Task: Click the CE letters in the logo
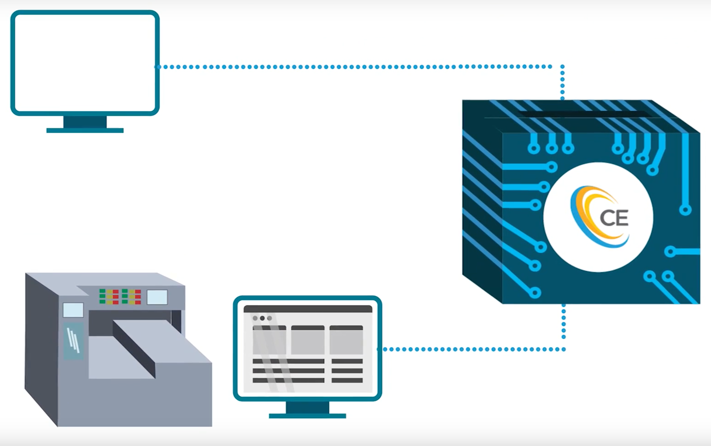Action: (614, 218)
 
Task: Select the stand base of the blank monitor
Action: (85, 130)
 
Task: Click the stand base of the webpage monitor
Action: (307, 416)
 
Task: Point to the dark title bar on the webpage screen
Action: (308, 309)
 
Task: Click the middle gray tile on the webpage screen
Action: (308, 340)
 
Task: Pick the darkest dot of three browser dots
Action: (262, 318)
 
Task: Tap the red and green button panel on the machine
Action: (120, 297)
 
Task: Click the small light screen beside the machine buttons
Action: (157, 297)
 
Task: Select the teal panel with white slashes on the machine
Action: (73, 341)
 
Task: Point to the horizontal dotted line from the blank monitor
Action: (352, 67)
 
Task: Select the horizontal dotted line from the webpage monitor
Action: (470, 349)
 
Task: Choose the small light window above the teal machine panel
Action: (73, 310)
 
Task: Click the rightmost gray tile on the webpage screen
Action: (346, 340)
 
